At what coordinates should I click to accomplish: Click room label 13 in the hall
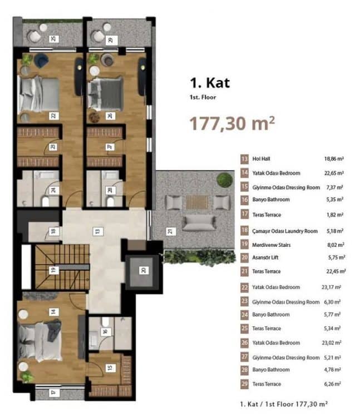pos(98,231)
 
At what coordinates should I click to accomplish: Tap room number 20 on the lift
pos(144,270)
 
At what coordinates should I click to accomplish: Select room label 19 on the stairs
pos(53,270)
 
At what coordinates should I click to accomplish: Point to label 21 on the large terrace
pos(171,232)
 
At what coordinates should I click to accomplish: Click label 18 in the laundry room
pos(53,231)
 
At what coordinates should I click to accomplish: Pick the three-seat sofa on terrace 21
pos(199,223)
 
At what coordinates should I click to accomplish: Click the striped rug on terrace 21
pos(197,202)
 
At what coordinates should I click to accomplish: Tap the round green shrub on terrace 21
pos(225,180)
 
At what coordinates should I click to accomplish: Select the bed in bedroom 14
pos(40,341)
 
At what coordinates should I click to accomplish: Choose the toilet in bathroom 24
pos(46,201)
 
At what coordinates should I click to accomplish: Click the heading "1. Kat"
pos(210,83)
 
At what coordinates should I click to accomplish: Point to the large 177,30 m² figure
pos(232,123)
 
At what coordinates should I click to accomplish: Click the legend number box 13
pos(244,159)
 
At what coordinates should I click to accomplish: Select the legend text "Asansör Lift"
pos(265,257)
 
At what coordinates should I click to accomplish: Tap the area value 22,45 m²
pos(336,271)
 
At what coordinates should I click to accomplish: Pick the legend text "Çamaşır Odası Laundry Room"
pos(285,231)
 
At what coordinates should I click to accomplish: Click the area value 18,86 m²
pos(334,159)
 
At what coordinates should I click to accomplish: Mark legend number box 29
pos(244,384)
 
